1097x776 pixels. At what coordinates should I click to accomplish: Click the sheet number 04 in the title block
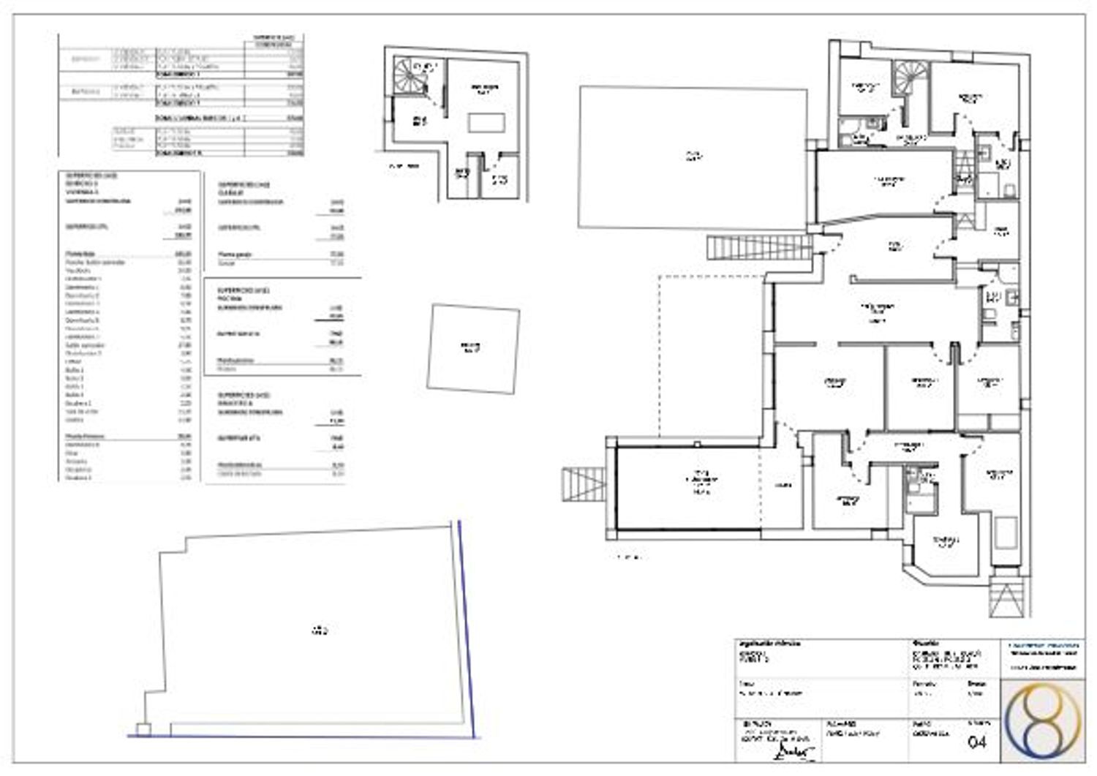pos(977,742)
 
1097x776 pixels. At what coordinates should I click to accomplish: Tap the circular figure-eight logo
pos(1042,720)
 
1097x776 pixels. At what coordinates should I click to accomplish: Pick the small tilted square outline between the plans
pos(473,348)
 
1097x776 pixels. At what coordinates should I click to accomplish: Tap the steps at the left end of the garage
pos(583,485)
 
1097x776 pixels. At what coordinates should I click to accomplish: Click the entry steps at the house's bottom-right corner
pos(1009,594)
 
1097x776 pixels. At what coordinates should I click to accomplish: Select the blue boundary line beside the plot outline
pos(467,629)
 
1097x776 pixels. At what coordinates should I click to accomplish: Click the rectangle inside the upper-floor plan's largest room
pos(486,122)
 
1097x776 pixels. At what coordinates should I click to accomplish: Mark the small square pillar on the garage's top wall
pos(699,443)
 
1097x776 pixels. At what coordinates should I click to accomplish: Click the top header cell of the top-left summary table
pos(272,39)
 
